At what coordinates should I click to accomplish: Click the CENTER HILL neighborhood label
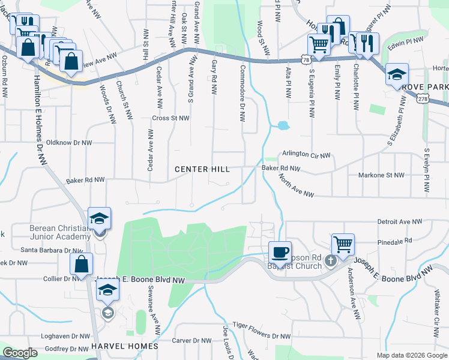point(202,170)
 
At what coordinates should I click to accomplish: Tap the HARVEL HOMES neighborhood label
point(124,346)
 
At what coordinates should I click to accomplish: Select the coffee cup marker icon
point(279,251)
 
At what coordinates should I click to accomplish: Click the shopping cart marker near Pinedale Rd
point(343,244)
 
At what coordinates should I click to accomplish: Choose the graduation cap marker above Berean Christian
point(100,217)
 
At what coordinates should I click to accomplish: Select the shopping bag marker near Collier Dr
point(81,263)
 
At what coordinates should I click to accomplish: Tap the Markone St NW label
point(382,175)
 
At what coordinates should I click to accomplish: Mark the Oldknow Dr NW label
point(69,143)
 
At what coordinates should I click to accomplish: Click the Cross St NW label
point(171,118)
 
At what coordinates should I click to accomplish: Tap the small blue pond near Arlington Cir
point(283,126)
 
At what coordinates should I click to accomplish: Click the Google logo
point(20,353)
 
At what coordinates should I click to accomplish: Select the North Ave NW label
point(296,185)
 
